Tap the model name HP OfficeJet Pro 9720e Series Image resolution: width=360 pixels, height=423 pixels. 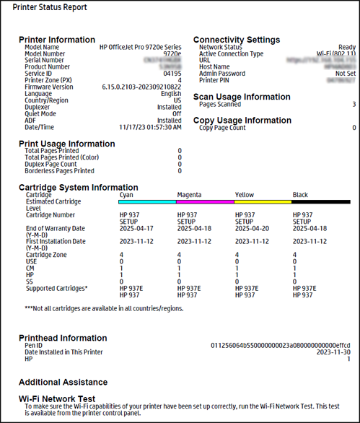coord(141,47)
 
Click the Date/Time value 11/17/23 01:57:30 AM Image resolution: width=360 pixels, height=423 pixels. coord(150,126)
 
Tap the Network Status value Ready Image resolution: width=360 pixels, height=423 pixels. coord(346,47)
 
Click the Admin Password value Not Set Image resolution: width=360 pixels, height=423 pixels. coord(346,73)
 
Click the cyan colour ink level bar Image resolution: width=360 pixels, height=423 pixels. coord(148,202)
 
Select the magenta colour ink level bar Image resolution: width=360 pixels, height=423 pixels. coord(206,202)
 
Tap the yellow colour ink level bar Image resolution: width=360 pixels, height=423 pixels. coord(263,202)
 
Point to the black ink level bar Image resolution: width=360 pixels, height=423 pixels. coord(321,202)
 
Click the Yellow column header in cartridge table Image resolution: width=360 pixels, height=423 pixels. coord(245,195)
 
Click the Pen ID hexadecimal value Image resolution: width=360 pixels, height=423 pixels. coord(281,345)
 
